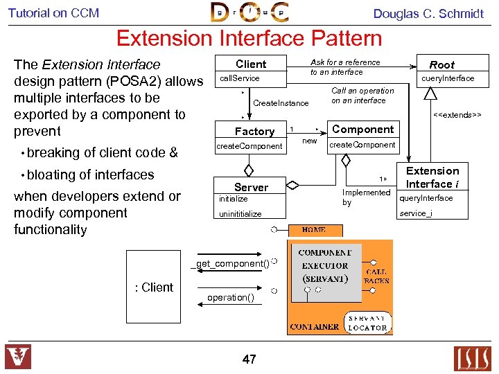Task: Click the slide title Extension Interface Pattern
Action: (x=249, y=38)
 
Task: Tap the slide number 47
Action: (x=249, y=359)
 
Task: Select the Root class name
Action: (x=441, y=64)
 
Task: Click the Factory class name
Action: (x=254, y=131)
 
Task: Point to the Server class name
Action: (x=251, y=187)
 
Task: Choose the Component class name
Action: (x=362, y=130)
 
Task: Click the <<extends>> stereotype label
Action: (x=457, y=114)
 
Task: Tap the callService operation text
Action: (x=240, y=78)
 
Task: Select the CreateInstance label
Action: (x=281, y=103)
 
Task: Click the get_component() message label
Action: (x=232, y=264)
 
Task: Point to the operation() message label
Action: (x=231, y=298)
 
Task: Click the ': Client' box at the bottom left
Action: (x=154, y=287)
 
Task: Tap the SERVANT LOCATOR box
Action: (x=367, y=322)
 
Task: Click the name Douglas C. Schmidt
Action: (x=428, y=13)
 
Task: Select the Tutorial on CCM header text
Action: (x=53, y=12)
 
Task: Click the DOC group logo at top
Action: (x=249, y=12)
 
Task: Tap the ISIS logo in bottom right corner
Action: (x=472, y=358)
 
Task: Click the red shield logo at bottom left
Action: (x=18, y=357)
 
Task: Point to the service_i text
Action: (x=416, y=213)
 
